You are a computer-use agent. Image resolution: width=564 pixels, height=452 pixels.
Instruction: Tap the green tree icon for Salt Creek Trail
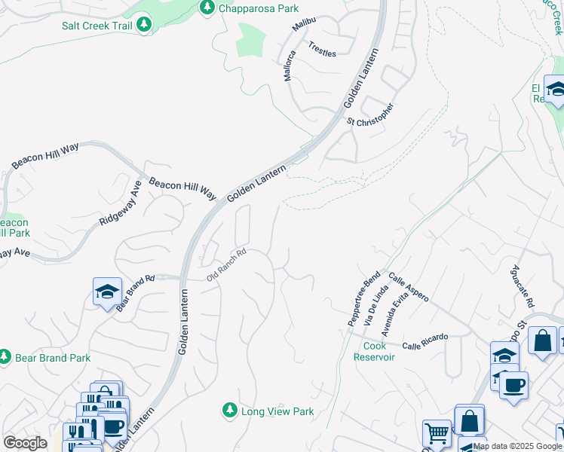(144, 25)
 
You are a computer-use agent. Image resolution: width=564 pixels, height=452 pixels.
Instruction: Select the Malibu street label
(304, 25)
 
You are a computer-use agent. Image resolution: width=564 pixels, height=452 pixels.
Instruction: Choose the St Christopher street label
(370, 115)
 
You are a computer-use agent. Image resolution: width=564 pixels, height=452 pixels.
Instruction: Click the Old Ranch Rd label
(227, 265)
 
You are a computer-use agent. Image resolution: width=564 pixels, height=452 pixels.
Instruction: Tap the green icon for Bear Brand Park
(5, 355)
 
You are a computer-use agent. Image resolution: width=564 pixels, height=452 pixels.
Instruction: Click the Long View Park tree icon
(229, 411)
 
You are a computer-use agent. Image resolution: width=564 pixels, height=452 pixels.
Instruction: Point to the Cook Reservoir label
(374, 351)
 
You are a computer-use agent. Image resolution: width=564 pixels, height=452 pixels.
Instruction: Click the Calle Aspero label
(408, 288)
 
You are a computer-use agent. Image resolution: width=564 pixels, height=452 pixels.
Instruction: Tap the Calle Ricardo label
(425, 341)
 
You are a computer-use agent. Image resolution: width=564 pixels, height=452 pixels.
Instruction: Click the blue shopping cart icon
(437, 433)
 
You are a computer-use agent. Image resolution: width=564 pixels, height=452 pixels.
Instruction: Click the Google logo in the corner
(26, 442)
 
